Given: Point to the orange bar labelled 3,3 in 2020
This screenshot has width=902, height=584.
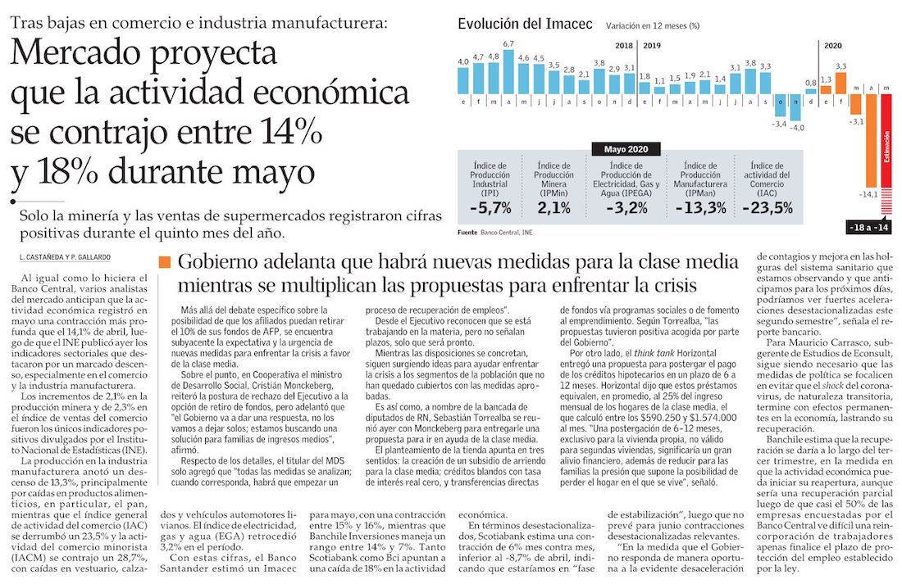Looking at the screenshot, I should (x=840, y=82).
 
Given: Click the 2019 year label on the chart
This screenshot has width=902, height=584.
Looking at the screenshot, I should (x=654, y=47).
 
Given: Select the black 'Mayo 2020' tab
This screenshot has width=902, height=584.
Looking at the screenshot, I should (x=626, y=148).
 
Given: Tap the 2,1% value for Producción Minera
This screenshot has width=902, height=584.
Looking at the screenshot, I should (x=554, y=207).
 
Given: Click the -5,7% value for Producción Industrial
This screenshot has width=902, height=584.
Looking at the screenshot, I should (x=490, y=207).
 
